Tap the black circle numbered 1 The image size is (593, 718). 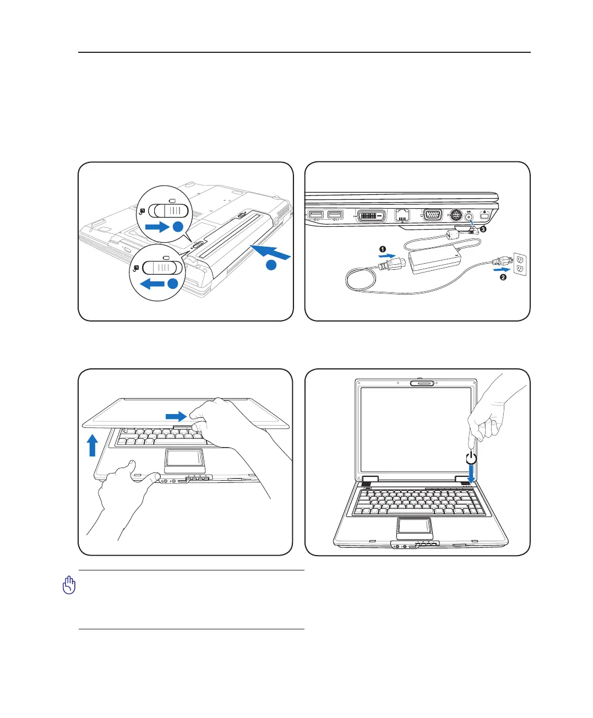(x=383, y=249)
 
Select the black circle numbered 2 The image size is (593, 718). (x=503, y=278)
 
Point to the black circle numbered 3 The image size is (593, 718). (x=483, y=230)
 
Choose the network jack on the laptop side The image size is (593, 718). (x=403, y=215)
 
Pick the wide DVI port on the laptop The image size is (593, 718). (x=372, y=215)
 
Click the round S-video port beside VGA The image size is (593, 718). (x=455, y=215)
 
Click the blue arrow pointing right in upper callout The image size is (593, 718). (x=156, y=226)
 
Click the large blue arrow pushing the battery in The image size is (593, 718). (x=269, y=252)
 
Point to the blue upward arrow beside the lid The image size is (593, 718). (x=93, y=445)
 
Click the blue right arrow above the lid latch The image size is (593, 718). (x=176, y=415)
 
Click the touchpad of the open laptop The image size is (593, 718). (x=414, y=527)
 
